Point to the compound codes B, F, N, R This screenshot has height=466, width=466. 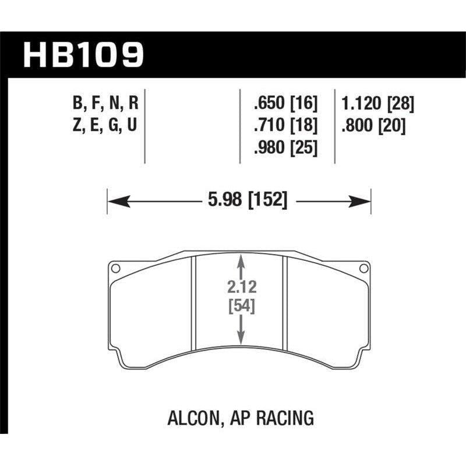(107, 105)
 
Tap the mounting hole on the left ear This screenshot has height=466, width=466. (115, 269)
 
